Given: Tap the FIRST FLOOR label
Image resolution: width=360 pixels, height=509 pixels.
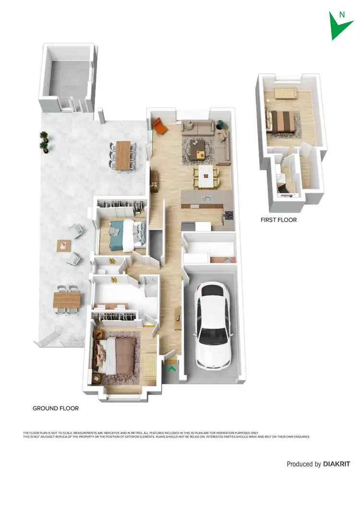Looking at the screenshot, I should [x=278, y=220].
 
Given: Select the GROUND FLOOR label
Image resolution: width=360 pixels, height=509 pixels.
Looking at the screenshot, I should [x=56, y=409].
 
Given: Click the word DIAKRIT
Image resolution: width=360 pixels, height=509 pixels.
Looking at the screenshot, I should [x=336, y=464].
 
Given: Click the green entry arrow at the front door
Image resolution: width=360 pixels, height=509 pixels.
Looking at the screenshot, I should [x=171, y=369].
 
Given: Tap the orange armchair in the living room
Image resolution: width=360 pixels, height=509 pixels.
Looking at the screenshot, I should [x=160, y=127].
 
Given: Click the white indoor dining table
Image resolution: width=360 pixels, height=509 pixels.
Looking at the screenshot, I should [x=206, y=177].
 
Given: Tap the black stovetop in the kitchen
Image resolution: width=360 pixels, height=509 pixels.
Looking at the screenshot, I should [x=228, y=215].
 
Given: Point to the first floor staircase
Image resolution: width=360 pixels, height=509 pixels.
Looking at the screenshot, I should [x=305, y=170].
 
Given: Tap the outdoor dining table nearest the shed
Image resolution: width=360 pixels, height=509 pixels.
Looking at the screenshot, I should [x=123, y=154].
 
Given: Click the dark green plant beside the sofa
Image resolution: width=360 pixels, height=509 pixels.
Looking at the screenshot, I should [x=221, y=124].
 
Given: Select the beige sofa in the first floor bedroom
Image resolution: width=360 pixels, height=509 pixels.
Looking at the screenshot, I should [x=286, y=93].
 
